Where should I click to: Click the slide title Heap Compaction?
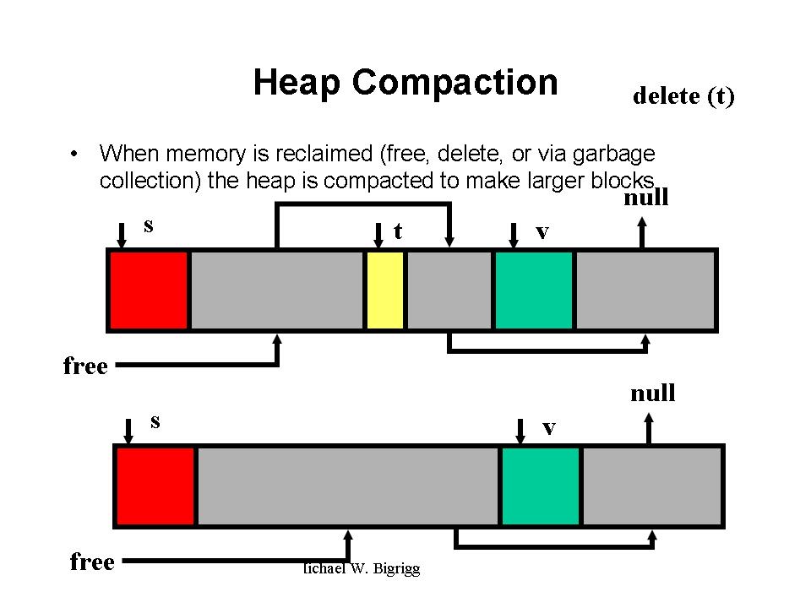click(405, 83)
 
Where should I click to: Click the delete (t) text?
click(683, 96)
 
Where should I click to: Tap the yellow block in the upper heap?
click(385, 290)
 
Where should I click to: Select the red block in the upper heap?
click(149, 290)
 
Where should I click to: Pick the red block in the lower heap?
click(155, 486)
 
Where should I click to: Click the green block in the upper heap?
click(533, 290)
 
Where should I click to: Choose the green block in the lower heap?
click(541, 486)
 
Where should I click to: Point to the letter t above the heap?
click(397, 231)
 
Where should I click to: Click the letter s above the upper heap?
click(149, 225)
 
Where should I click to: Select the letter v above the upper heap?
click(542, 231)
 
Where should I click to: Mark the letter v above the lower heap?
click(549, 428)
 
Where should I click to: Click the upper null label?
click(645, 198)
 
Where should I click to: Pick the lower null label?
click(652, 394)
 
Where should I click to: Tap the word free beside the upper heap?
click(85, 366)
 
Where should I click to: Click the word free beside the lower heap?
click(92, 562)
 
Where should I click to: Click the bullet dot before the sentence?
click(75, 155)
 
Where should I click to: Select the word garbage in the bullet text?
click(614, 155)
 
